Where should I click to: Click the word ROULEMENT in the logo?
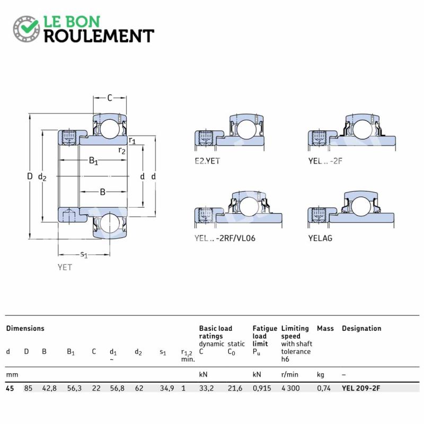point(99,36)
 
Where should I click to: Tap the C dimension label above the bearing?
point(110,98)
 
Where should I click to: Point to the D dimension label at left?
point(30,176)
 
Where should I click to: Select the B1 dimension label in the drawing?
point(93,161)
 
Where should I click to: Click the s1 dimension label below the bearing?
point(84,254)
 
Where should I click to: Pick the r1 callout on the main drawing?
point(132,140)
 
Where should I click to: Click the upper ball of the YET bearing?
point(110,128)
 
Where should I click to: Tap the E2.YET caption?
point(207,161)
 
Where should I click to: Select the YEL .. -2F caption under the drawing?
point(325,161)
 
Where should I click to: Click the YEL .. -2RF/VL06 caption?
point(225,238)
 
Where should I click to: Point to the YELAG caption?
point(320,238)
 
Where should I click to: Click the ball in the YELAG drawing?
point(361,206)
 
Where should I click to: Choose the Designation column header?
point(361,328)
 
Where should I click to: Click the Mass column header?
point(325,328)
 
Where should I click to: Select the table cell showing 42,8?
point(49,388)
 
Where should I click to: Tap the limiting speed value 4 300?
point(290,388)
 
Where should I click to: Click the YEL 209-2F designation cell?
point(361,388)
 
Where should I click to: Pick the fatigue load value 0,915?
point(262,388)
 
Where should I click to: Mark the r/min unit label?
point(289,375)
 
